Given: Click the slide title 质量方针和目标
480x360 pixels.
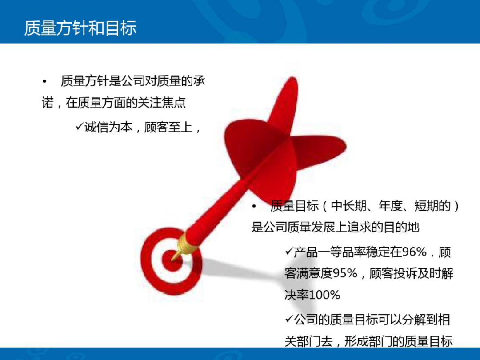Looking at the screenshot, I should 80,28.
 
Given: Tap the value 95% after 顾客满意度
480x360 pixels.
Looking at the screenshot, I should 345,273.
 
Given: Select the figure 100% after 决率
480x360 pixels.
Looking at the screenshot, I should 325,295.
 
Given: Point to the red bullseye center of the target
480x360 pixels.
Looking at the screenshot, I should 170,257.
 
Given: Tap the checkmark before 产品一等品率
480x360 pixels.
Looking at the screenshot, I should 288,252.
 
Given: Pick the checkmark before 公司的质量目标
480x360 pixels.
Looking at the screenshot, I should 288,319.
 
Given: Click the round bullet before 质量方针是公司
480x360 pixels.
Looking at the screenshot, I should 44,81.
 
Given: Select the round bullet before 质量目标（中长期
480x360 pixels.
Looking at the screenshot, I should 254,206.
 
